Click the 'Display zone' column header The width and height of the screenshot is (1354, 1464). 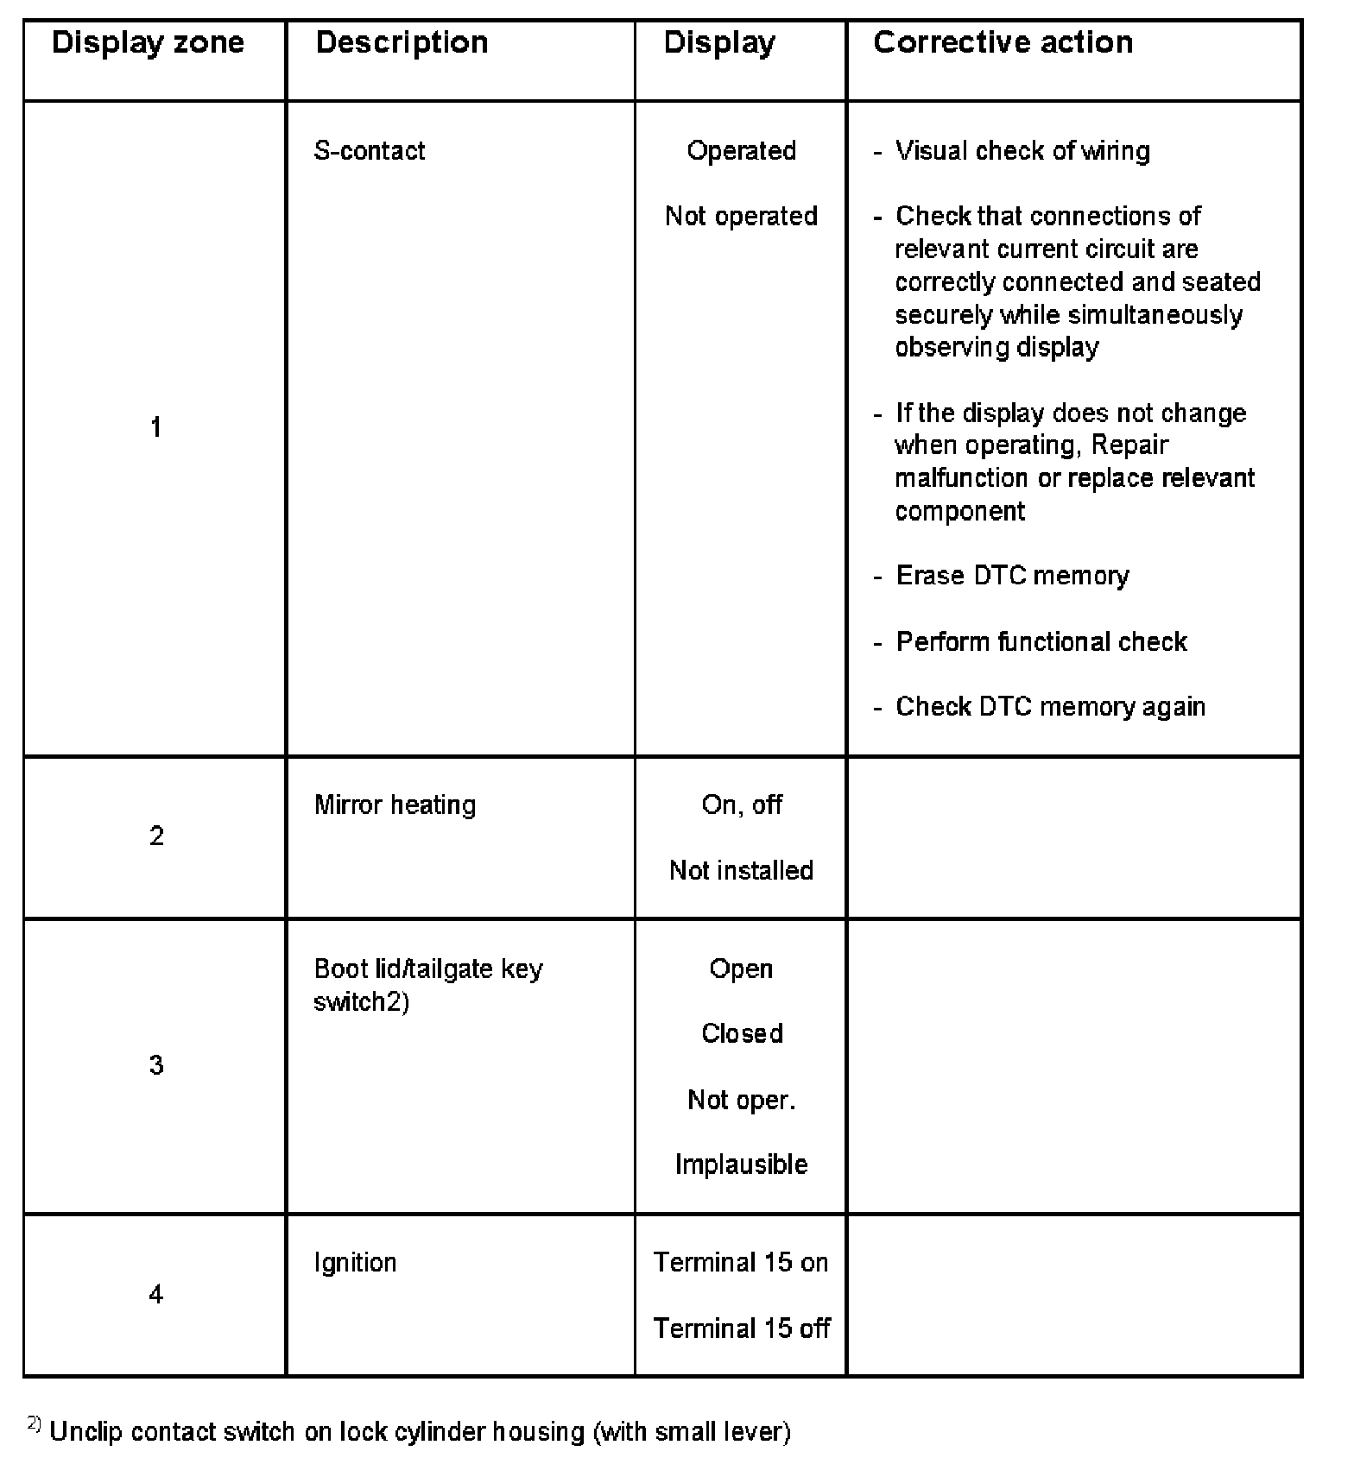[x=148, y=42]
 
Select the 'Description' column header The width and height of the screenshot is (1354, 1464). [x=402, y=42]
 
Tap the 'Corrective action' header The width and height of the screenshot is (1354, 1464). [x=1003, y=42]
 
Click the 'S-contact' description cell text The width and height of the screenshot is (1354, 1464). [x=370, y=151]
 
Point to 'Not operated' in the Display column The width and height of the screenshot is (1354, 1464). [x=741, y=216]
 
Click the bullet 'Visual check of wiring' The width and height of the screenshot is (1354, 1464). [x=1022, y=151]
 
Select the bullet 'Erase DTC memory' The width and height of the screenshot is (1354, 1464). [x=1012, y=576]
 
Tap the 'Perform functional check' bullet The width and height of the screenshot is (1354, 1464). [x=1041, y=641]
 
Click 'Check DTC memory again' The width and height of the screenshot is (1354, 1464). [x=1050, y=707]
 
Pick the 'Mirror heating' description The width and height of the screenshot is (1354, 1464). [x=395, y=805]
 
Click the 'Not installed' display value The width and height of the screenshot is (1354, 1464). [x=741, y=870]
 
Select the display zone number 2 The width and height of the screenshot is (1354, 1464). [x=156, y=836]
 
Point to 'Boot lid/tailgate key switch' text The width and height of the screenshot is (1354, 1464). [x=427, y=985]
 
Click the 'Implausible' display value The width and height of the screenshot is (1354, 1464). [x=741, y=1164]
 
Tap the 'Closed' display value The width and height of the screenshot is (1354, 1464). [x=742, y=1033]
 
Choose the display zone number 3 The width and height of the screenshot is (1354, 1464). [x=156, y=1065]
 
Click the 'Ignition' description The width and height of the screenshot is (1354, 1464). [x=355, y=1263]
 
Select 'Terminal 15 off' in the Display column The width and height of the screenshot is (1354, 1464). [x=741, y=1328]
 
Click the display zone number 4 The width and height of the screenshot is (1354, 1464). [x=156, y=1294]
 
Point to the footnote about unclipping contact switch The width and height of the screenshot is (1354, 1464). [x=420, y=1431]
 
